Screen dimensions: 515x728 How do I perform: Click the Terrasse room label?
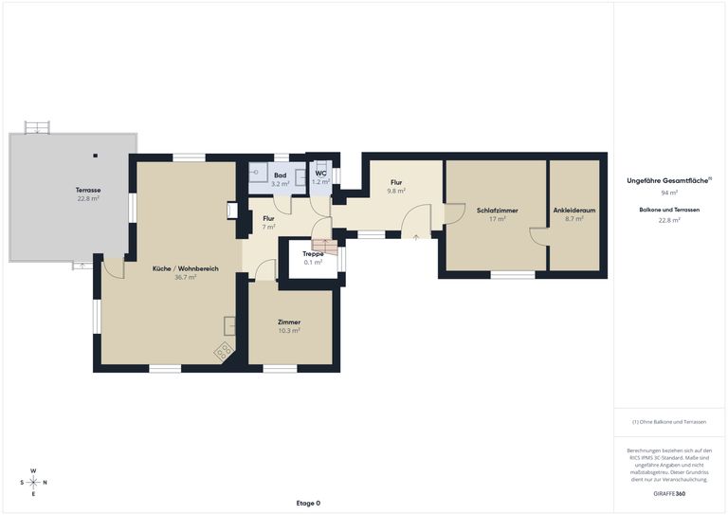coord(88,191)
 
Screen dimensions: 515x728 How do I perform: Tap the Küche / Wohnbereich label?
coord(186,269)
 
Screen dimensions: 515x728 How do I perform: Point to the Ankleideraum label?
coord(573,210)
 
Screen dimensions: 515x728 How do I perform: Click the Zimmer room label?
coord(289,322)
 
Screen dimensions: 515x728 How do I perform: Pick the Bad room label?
coord(281,175)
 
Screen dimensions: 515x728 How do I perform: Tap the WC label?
coord(320,175)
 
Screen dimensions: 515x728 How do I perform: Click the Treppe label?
coord(313,254)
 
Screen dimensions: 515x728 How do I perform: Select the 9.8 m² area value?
coord(396,191)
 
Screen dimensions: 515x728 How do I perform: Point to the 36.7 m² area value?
coord(186,278)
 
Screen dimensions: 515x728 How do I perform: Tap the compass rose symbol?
coord(33,482)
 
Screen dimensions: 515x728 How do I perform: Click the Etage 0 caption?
coord(308,503)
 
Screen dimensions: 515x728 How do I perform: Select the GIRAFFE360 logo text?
coord(669,494)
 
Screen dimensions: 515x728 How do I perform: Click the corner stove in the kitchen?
coord(225,351)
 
